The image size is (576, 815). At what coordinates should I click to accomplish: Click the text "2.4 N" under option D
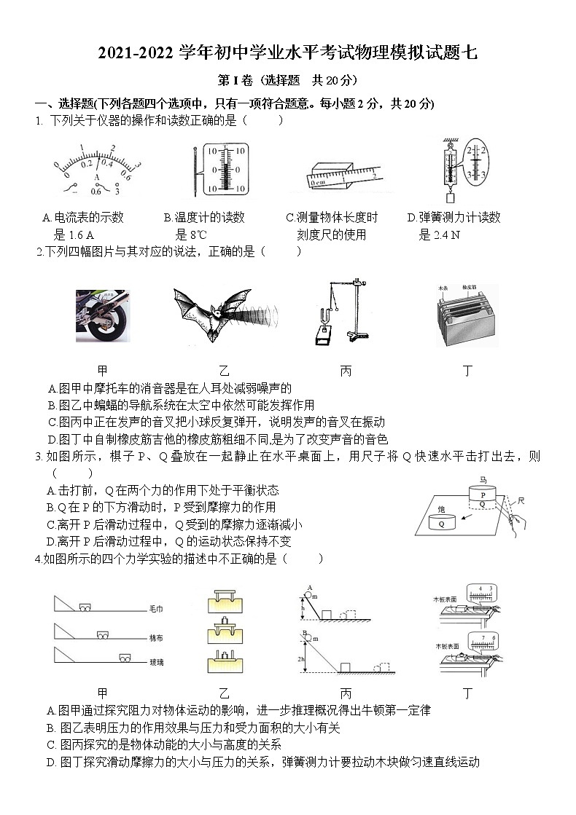point(446,235)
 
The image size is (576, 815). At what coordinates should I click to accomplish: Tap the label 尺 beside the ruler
point(521,500)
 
